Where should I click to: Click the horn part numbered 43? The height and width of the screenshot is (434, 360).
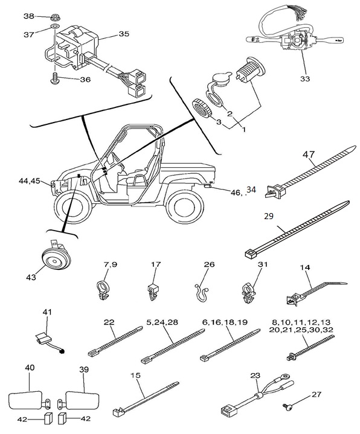pos(56,257)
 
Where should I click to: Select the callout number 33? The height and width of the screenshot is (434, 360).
pos(305,78)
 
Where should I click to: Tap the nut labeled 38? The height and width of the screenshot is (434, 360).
pos(55,18)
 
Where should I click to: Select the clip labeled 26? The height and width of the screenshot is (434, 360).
pos(201,293)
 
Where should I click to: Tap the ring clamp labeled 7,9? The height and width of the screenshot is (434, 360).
pos(103,290)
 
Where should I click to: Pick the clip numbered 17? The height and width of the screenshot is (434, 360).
pos(152,292)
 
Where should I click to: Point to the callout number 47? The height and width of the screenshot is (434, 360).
pos(309,154)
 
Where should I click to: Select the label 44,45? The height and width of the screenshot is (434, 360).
pos(29,180)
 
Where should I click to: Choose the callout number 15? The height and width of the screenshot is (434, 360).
pos(136,375)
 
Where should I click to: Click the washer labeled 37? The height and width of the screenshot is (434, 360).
pos(54,27)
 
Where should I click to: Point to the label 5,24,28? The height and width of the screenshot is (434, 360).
pos(162,322)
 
